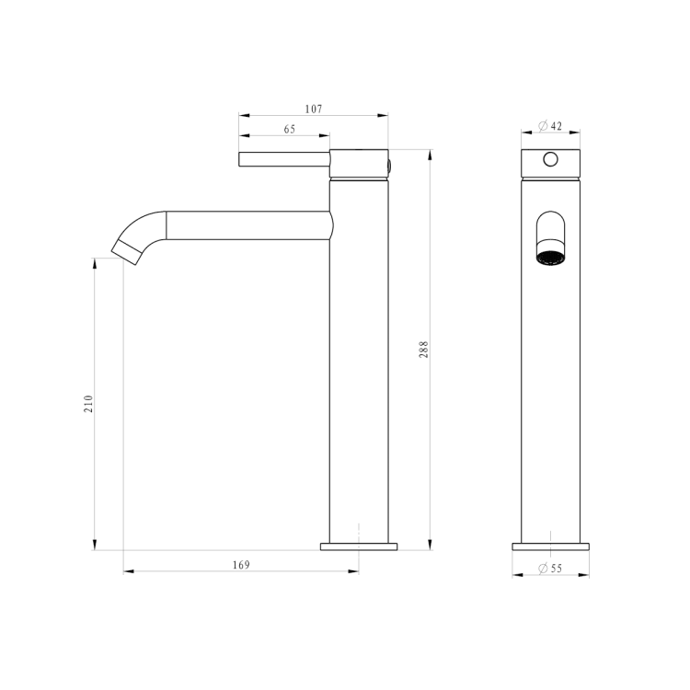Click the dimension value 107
click(313, 109)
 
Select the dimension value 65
click(289, 130)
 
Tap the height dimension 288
click(424, 350)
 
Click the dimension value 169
click(240, 564)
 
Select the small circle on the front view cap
click(550, 159)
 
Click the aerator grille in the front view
click(550, 257)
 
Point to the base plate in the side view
click(359, 546)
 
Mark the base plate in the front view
click(550, 546)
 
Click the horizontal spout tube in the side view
click(248, 225)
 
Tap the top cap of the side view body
click(359, 163)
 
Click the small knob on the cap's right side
click(390, 167)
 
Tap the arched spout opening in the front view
click(550, 228)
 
